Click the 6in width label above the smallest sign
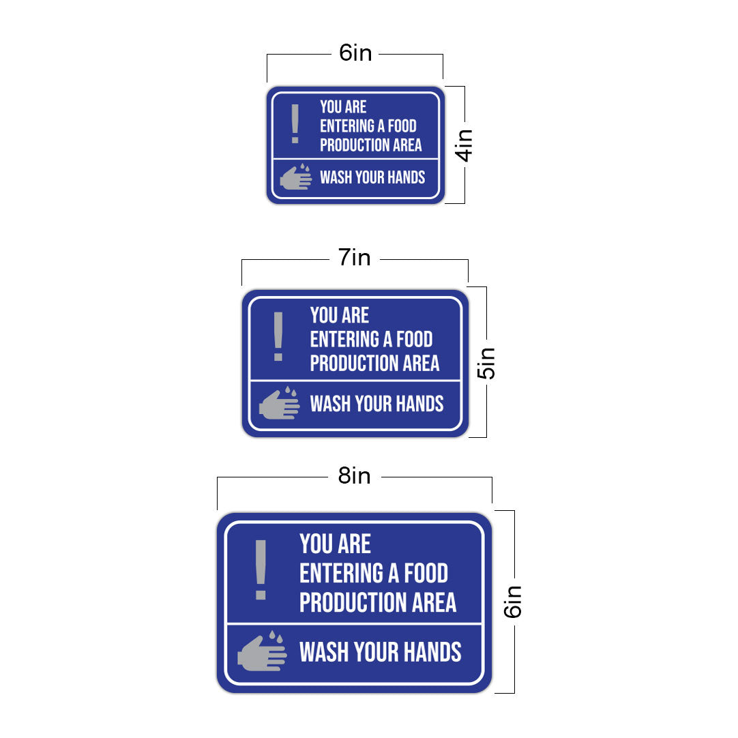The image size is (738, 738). coord(355,53)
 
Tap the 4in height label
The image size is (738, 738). coord(464,145)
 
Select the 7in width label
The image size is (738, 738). coord(355,257)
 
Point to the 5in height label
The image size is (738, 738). coord(486,364)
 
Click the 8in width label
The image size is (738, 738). coord(355,476)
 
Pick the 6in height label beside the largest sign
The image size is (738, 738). coord(512,602)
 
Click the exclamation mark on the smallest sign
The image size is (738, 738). coord(295,123)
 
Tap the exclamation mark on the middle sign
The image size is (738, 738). coord(278,336)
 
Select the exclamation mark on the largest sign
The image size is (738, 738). coord(261,570)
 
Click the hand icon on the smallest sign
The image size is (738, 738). coord(295,177)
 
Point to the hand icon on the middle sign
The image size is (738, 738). coord(279,403)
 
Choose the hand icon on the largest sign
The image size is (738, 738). coord(262,651)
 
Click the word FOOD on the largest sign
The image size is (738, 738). coord(426,573)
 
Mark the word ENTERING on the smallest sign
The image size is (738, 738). coord(347,126)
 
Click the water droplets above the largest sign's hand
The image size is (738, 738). coord(276,637)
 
